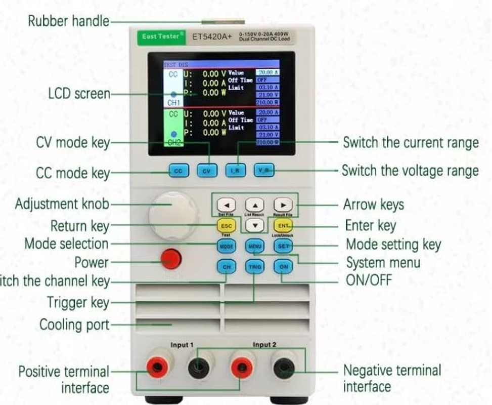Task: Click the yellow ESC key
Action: tap(227, 226)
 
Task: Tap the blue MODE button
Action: tap(227, 247)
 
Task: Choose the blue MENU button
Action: tap(255, 247)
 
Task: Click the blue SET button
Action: tap(283, 246)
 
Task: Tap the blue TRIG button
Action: tap(255, 267)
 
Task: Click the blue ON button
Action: tap(283, 266)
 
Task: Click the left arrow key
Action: tap(227, 205)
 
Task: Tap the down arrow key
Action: tap(255, 226)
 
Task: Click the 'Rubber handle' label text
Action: tap(68, 21)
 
